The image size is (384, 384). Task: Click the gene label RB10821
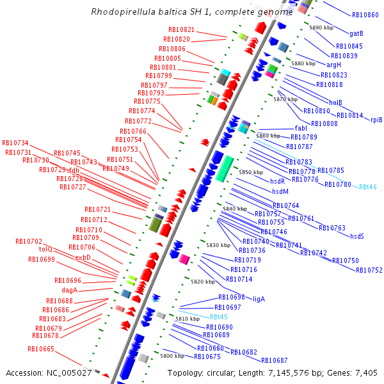[x=181, y=29]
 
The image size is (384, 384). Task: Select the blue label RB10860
[x=365, y=15]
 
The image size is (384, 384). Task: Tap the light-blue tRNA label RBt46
[x=367, y=187]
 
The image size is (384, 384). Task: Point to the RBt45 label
[x=219, y=317]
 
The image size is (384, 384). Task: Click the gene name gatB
[x=356, y=33]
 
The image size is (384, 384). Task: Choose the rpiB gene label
[x=376, y=120]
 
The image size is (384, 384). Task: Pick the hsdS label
[x=356, y=236]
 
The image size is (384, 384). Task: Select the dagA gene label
[x=70, y=290]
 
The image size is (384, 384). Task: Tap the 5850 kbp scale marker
[x=251, y=172]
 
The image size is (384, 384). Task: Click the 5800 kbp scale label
[x=172, y=356]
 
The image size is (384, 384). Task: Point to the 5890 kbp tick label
[x=321, y=28]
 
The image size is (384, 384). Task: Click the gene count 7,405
[x=364, y=372]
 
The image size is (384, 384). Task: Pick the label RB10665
[x=41, y=349]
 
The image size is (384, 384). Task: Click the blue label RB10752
[x=369, y=270]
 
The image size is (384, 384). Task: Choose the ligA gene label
[x=259, y=299]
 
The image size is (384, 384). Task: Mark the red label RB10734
[x=15, y=143]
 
